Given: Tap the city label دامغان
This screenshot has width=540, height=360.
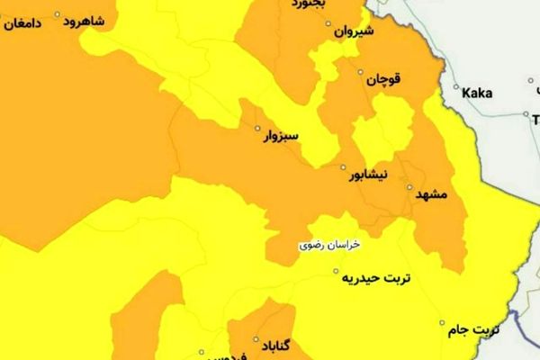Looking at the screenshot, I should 22,24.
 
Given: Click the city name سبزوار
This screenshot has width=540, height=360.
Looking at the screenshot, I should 279,138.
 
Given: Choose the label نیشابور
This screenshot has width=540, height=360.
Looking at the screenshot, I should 369,175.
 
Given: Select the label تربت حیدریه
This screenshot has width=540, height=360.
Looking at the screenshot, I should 375,278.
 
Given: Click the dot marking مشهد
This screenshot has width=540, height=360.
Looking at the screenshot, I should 409,189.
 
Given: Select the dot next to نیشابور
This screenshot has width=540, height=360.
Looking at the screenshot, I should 342,167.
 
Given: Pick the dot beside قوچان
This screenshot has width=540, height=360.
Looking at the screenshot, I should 362,72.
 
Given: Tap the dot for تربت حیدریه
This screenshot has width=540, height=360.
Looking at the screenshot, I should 336,271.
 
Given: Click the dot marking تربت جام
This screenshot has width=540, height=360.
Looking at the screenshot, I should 442,322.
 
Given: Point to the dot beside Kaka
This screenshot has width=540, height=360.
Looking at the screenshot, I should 456,90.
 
